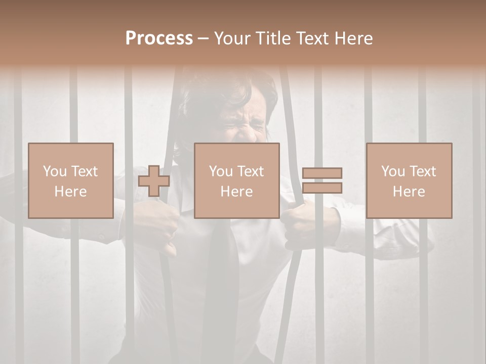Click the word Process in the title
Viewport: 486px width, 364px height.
coord(159,38)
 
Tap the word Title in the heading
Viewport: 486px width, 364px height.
coord(272,38)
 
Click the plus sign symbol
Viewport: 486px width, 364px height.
coord(154,181)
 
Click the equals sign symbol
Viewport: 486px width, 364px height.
coord(322,180)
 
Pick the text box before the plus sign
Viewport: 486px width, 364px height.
coord(70,180)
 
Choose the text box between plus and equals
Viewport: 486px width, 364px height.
coord(236,180)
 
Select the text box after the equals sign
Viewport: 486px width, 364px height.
coord(409,180)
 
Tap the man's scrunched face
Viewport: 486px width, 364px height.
coord(243,124)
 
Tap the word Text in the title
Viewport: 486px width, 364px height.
coord(314,38)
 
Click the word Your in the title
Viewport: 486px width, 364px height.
coord(233,38)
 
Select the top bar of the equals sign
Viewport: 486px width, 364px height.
coord(322,173)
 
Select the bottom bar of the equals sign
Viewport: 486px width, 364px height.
coord(322,188)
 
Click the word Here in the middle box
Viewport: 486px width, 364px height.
coord(236,192)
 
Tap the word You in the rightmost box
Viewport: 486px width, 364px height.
coord(393,171)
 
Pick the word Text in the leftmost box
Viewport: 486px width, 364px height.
coord(84,171)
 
